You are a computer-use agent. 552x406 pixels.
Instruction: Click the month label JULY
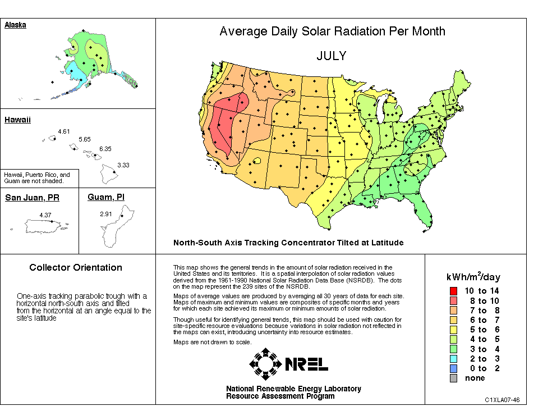[331, 56]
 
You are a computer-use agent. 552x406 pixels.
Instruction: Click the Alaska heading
[15, 25]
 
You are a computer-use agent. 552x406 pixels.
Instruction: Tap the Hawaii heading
[17, 120]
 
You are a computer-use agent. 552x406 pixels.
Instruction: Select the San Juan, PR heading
[33, 198]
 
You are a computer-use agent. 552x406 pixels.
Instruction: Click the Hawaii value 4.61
[65, 131]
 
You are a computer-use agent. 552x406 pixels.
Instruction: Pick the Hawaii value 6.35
[105, 149]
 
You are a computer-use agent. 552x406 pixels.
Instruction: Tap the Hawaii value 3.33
[123, 165]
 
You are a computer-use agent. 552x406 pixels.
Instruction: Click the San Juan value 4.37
[45, 215]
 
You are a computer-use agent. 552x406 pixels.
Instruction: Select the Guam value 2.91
[105, 214]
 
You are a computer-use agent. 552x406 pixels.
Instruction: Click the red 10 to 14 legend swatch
[453, 291]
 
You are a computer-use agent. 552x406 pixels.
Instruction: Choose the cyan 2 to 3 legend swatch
[453, 359]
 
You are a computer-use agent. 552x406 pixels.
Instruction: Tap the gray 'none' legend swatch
[453, 378]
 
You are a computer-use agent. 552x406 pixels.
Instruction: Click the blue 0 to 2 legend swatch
[453, 368]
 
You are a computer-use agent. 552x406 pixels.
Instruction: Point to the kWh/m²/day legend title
[473, 276]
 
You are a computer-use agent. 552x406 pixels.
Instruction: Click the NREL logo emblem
[266, 364]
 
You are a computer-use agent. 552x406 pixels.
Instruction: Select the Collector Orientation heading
[76, 268]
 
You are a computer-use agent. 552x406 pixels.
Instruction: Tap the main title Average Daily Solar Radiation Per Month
[332, 31]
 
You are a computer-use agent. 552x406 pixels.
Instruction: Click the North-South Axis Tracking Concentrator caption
[288, 243]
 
